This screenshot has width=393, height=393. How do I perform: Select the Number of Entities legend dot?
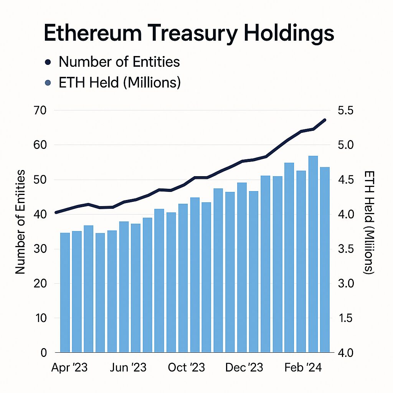click(x=48, y=63)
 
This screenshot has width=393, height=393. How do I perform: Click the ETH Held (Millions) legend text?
click(x=119, y=83)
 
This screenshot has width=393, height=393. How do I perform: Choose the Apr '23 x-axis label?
click(x=69, y=367)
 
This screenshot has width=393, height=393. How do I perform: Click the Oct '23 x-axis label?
click(x=187, y=367)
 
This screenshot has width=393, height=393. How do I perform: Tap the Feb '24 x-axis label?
click(x=303, y=367)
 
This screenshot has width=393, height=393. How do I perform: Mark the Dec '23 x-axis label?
click(x=244, y=367)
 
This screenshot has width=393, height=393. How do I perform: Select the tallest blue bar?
click(x=313, y=254)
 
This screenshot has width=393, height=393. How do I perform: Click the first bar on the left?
click(x=65, y=292)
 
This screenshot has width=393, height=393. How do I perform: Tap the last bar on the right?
click(x=325, y=260)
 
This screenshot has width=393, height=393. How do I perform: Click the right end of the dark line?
click(x=325, y=120)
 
